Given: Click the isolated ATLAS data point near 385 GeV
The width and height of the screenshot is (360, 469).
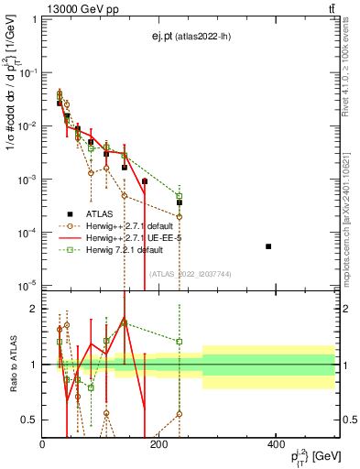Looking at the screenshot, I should [268, 246].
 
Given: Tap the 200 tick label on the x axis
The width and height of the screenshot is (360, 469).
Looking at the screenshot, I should [158, 444].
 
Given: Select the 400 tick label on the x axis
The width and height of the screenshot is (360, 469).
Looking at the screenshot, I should [276, 444].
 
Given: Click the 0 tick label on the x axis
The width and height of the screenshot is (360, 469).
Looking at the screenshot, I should [42, 444].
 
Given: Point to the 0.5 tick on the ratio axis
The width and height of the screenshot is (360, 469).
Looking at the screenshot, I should [30, 420].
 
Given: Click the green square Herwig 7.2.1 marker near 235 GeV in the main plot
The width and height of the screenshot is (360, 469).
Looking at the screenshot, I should [180, 196].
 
